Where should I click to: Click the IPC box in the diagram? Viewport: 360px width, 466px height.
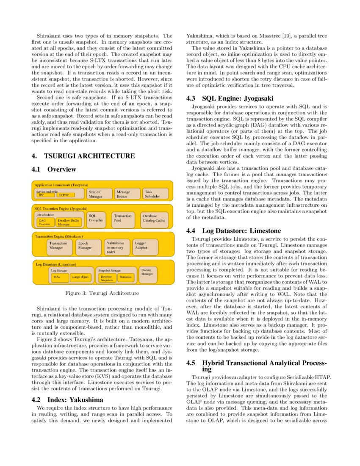pyautogui.click(x=42, y=195)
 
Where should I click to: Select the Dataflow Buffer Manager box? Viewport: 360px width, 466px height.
pyautogui.click(x=69, y=222)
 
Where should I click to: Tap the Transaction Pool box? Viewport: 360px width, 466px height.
pyautogui.click(x=123, y=218)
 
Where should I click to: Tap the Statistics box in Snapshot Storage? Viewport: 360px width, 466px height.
pyautogui.click(x=126, y=277)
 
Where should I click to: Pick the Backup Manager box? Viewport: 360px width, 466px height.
pyautogui.click(x=147, y=272)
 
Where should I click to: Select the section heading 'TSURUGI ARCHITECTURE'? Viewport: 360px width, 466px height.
pyautogui.click(x=89, y=156)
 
